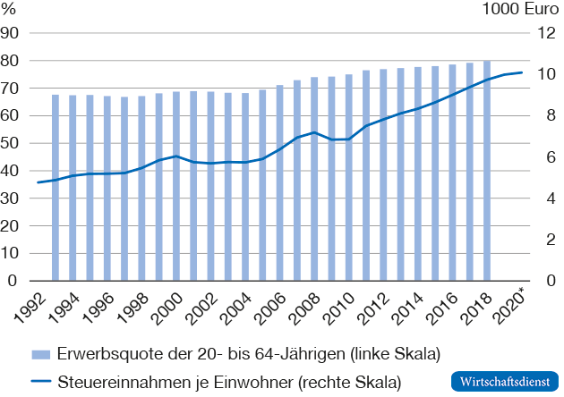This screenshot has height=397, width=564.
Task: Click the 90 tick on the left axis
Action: pyautogui.click(x=11, y=33)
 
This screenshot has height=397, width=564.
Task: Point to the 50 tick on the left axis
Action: pyautogui.click(x=11, y=143)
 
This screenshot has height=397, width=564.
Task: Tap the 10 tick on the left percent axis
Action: pyautogui.click(x=11, y=254)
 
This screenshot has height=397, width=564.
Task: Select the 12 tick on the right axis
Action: pyautogui.click(x=543, y=33)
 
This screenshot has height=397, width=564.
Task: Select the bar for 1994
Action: pyautogui.click(x=73, y=189)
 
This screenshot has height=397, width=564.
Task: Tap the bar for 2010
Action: pyautogui.click(x=348, y=178)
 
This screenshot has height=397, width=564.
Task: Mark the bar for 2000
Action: pyautogui.click(x=176, y=187)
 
